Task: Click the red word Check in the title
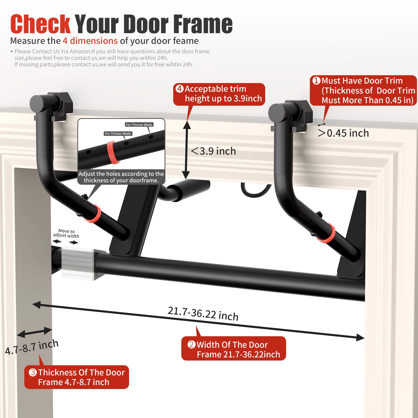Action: (x=40, y=24)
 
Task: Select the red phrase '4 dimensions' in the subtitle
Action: (x=90, y=41)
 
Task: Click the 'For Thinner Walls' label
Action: (x=139, y=125)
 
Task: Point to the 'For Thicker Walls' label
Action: (x=118, y=133)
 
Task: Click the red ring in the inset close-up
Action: (x=113, y=152)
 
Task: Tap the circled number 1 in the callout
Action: (x=316, y=80)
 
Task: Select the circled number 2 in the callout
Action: (x=191, y=344)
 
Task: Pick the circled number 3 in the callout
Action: (x=33, y=372)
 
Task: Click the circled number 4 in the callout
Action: (x=180, y=89)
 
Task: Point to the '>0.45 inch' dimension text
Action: (x=343, y=133)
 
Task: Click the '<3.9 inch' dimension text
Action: (x=213, y=151)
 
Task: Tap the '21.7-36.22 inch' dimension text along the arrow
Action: (x=203, y=313)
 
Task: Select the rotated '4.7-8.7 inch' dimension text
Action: (x=32, y=347)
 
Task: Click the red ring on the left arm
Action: (x=94, y=214)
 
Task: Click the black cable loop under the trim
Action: (x=256, y=192)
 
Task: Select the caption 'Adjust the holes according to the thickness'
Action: (x=121, y=177)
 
